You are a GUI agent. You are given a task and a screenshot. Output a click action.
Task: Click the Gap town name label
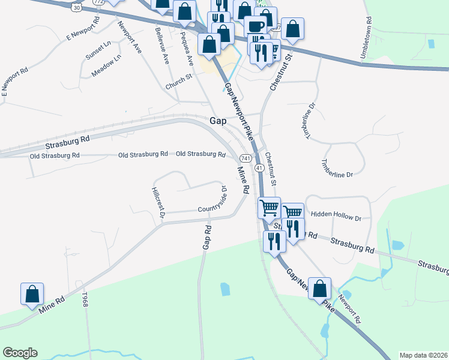pos(218,121)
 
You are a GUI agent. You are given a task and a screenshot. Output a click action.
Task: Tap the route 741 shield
pos(245,158)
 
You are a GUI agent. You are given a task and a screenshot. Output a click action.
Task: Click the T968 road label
pos(86,301)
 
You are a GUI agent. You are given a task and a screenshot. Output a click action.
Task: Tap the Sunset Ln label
pos(98,51)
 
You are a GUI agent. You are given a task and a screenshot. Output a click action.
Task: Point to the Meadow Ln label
pos(106,65)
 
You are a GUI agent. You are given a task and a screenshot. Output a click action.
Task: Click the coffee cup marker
pos(256,27)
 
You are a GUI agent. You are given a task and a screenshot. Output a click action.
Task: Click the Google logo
pos(20,353)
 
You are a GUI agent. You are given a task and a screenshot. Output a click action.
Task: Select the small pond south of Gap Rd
pos(225,289)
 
